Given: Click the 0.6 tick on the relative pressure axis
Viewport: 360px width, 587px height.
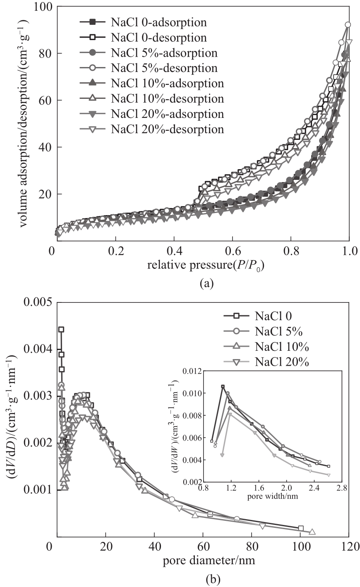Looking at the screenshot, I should coord(233,251).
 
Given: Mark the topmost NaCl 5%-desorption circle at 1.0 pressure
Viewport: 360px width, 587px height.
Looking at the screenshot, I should coord(348,25).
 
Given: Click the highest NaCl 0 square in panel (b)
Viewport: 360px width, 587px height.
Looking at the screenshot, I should coord(61,329).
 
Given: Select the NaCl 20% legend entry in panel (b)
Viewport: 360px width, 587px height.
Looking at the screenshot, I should coord(281,362).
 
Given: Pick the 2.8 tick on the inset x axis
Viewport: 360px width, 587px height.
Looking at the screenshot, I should coord(341,488).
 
